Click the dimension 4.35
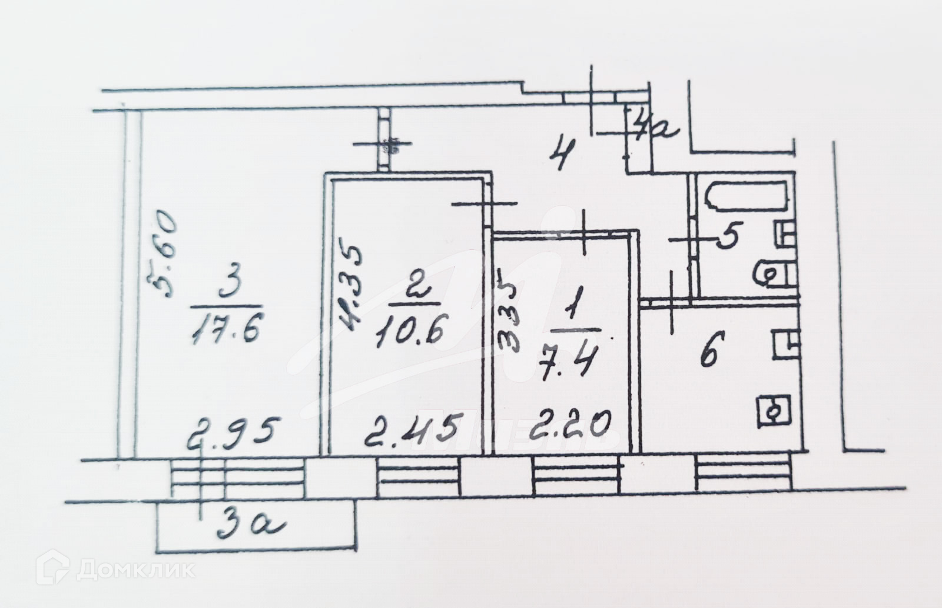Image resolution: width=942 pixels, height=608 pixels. point(350,289)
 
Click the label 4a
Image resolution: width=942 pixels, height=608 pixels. point(655,126)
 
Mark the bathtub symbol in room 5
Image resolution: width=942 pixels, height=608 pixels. point(748,197)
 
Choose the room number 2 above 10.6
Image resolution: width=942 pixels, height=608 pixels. point(414,288)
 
